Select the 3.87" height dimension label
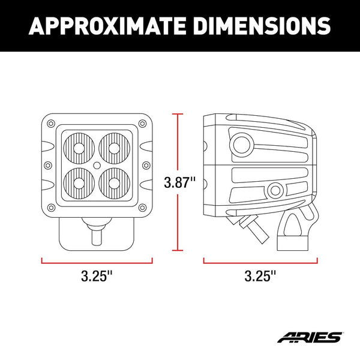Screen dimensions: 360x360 (x=180, y=182)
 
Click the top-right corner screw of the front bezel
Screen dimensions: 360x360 (x=142, y=123)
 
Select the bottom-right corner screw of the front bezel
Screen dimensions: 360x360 (x=142, y=208)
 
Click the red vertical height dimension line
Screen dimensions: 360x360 (x=177, y=150)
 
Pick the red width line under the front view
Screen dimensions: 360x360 (x=97, y=260)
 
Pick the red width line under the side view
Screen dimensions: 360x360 (x=260, y=260)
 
